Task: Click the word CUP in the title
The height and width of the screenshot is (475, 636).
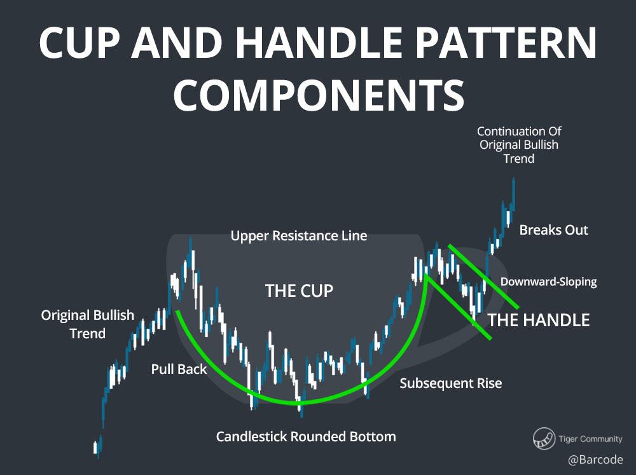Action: click(x=79, y=43)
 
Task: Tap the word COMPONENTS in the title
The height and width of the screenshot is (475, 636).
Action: click(x=319, y=95)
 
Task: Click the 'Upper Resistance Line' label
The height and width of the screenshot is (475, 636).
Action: click(x=299, y=236)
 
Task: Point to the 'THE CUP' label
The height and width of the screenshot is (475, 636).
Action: click(x=300, y=291)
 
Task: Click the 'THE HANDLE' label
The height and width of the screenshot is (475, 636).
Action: click(x=539, y=320)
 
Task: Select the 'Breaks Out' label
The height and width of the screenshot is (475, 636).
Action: click(x=554, y=230)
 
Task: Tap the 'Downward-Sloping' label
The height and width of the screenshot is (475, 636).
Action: click(x=548, y=282)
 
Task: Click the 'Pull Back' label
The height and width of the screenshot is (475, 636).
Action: click(x=179, y=369)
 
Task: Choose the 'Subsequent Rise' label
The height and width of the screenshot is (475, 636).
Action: click(x=451, y=383)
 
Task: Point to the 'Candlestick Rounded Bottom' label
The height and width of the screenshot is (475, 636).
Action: click(x=306, y=436)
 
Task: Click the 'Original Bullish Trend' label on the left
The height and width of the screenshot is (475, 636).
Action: click(x=88, y=324)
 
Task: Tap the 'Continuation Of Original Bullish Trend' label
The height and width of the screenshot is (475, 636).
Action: click(x=519, y=145)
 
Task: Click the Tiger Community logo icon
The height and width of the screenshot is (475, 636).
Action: click(x=544, y=439)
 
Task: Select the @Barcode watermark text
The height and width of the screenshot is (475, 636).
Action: click(x=595, y=460)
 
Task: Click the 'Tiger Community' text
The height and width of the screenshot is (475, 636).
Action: click(x=590, y=439)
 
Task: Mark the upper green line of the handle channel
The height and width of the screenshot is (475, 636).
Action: click(x=483, y=276)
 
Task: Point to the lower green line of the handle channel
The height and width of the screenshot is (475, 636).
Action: click(x=459, y=307)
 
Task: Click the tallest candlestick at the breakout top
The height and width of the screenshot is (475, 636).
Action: click(x=513, y=195)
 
